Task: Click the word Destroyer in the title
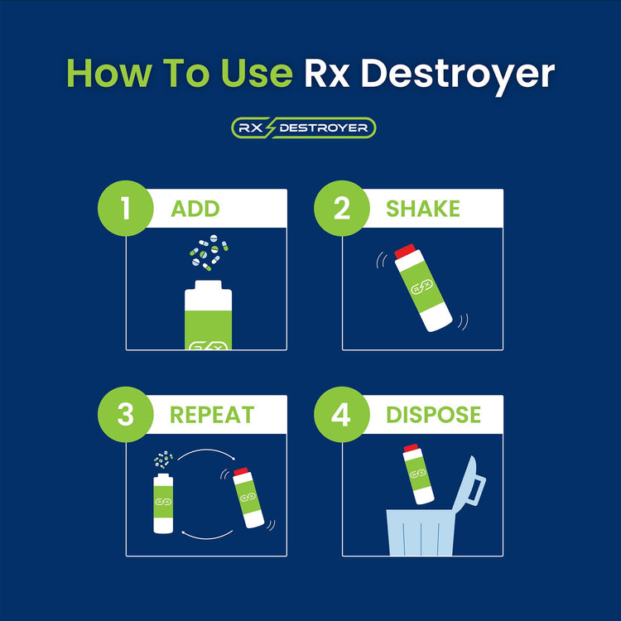tap(457, 75)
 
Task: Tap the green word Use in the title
tap(256, 73)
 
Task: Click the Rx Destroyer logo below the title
tap(303, 128)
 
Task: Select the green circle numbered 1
tap(126, 209)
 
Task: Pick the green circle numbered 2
tap(342, 209)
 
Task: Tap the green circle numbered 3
tap(126, 414)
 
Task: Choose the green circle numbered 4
tap(342, 414)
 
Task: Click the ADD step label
tap(195, 209)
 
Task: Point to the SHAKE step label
tap(423, 209)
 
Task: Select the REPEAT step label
tap(212, 415)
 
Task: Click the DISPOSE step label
tap(433, 415)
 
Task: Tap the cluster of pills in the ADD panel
tap(209, 253)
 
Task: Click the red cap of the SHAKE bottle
tap(405, 251)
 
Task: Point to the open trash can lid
tap(470, 485)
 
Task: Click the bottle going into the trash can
tap(418, 474)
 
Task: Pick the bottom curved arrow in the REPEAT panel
tap(207, 536)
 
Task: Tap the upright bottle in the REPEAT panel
tap(163, 503)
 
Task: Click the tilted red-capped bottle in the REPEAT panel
tap(248, 498)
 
